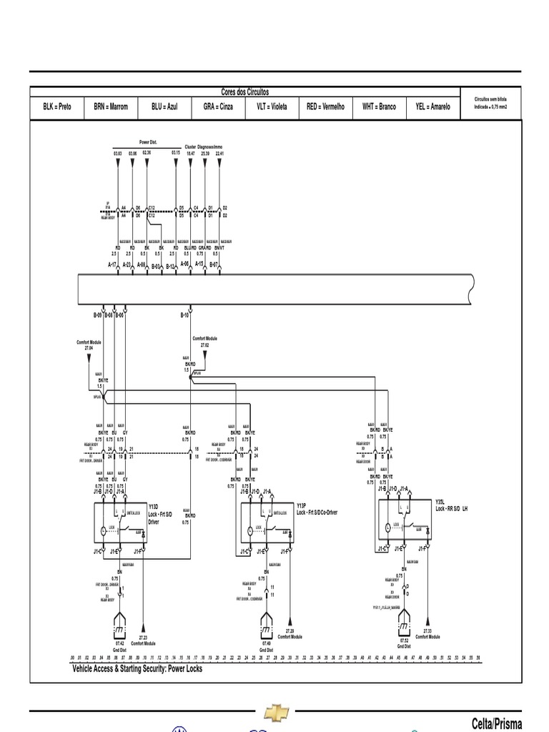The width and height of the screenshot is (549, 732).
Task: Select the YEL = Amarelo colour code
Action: tap(432, 107)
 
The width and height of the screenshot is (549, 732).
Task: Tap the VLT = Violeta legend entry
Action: tap(272, 107)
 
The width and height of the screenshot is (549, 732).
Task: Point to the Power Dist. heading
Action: tap(148, 143)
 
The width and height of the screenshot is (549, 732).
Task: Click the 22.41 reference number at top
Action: tap(220, 153)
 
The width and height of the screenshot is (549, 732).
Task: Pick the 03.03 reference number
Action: tap(118, 153)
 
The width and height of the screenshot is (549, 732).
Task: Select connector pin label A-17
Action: tap(112, 264)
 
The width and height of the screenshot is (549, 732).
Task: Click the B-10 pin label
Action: tap(184, 315)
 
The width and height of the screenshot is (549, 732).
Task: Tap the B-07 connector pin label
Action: tap(214, 264)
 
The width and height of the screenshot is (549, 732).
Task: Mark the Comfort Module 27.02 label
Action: tap(204, 341)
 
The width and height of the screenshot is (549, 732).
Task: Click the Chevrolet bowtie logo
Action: tap(276, 711)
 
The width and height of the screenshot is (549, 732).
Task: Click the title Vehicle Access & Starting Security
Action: tap(137, 669)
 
